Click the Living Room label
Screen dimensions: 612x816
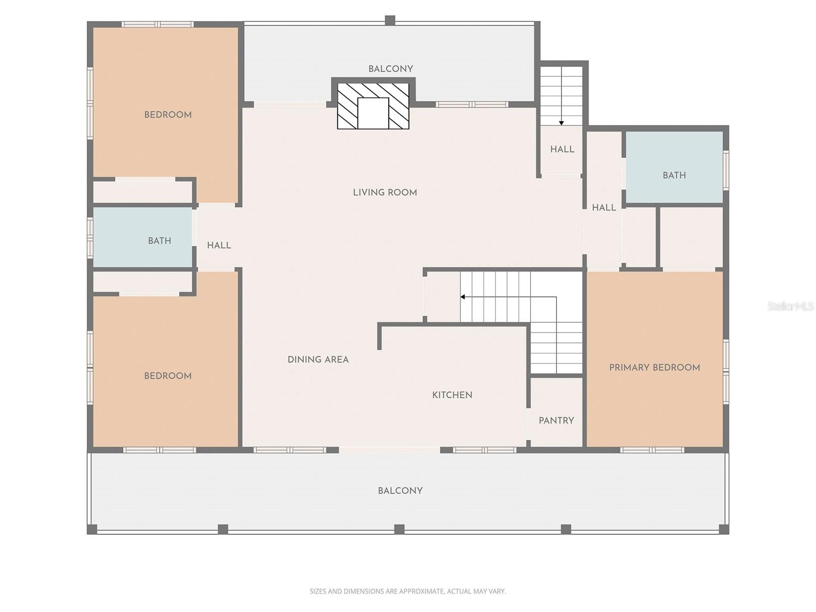pos(385,192)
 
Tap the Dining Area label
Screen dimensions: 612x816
pos(318,360)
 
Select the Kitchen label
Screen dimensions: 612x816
pos(452,395)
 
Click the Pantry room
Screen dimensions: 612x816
pos(556,420)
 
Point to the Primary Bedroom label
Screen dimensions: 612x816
pos(654,367)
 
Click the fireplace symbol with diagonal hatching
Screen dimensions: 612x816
pos(373,106)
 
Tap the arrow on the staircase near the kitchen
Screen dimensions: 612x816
pos(463,297)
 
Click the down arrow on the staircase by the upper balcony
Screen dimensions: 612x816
pos(561,122)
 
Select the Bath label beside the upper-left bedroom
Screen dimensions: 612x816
pos(159,241)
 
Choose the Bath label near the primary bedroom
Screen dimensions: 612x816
pos(674,175)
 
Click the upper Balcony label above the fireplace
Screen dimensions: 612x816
pos(391,69)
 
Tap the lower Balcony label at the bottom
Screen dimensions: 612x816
pos(400,491)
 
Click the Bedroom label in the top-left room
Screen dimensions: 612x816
pos(168,115)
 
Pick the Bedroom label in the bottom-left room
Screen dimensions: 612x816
pos(168,376)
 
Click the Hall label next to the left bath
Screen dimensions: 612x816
pos(219,245)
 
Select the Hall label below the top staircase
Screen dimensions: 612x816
pos(562,149)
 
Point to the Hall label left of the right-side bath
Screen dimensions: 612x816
pos(604,208)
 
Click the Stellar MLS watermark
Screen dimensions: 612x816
pos(790,306)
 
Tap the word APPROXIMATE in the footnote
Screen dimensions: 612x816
pos(421,592)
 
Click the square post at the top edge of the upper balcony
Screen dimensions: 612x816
pos(390,20)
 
